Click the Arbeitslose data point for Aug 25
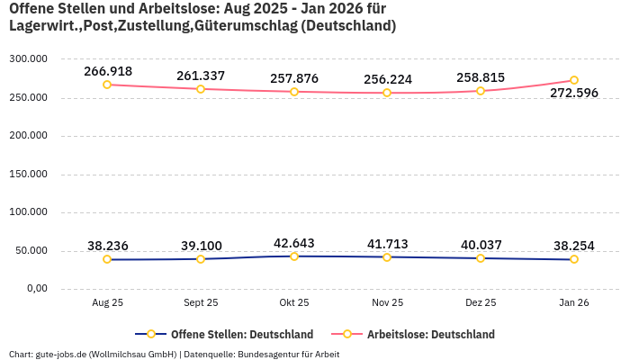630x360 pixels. [107, 85]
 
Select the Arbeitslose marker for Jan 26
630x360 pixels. [574, 80]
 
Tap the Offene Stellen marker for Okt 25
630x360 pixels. [294, 256]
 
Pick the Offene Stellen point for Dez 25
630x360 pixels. [481, 258]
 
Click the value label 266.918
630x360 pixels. [108, 71]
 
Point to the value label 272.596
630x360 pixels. [574, 94]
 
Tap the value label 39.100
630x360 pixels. [201, 246]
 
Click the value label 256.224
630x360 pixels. [388, 79]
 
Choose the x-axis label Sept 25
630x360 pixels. [201, 303]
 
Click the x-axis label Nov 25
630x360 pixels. [388, 303]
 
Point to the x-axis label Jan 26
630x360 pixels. [574, 303]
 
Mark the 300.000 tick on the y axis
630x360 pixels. [28, 58]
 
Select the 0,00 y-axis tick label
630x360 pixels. [37, 288]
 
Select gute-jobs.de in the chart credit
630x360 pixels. [59, 354]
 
